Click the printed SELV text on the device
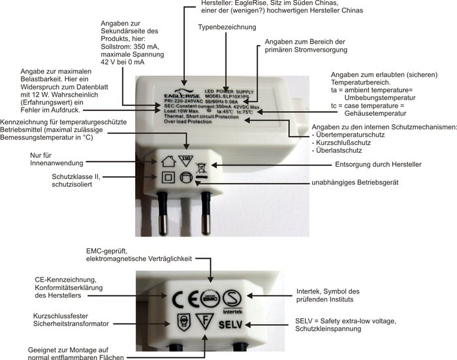[x=229, y=325]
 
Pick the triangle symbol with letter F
[x=205, y=323]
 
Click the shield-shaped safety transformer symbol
[x=184, y=323]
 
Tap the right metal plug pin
[x=208, y=212]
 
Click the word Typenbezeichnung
[x=227, y=27]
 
